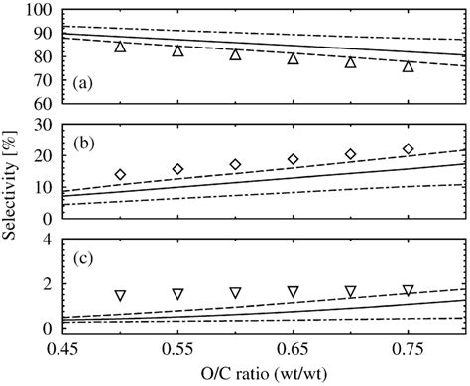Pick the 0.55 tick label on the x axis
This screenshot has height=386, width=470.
(x=177, y=347)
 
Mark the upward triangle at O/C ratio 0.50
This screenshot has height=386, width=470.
(x=120, y=48)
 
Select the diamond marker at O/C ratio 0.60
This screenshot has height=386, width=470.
(x=235, y=165)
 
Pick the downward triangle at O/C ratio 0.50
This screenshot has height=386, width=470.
(x=120, y=295)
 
